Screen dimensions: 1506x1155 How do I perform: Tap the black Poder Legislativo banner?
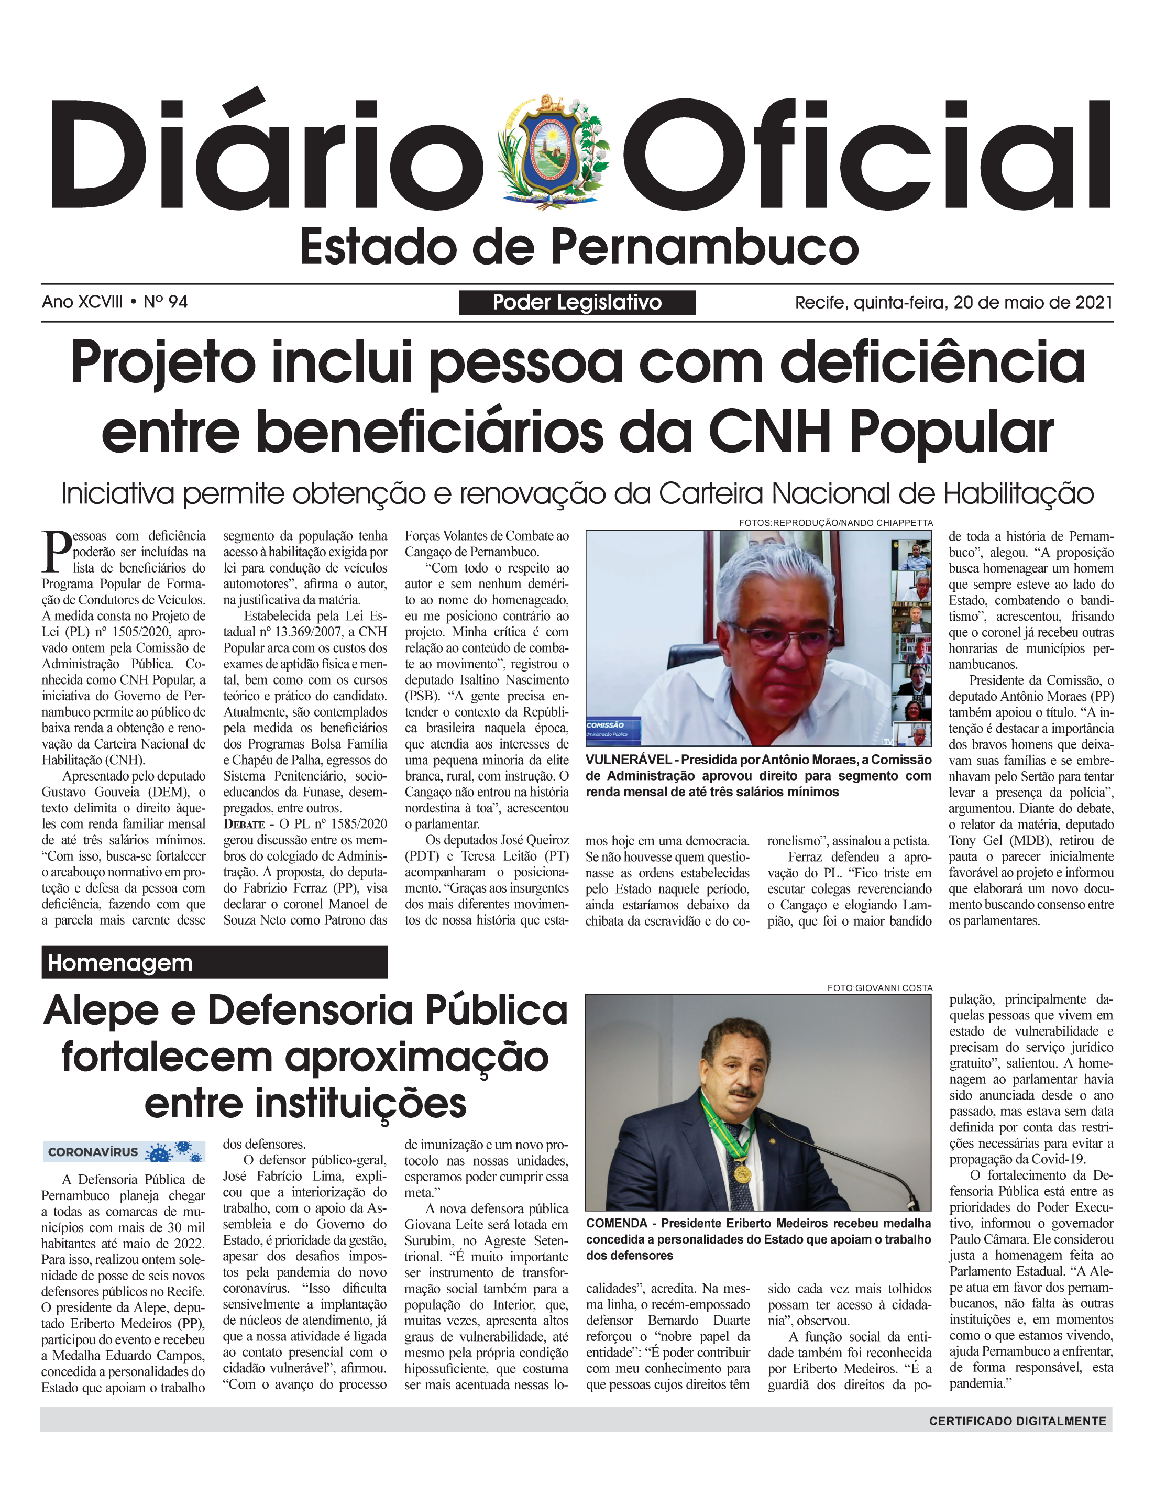pyautogui.click(x=577, y=302)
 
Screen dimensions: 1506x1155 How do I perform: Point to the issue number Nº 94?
pyautogui.click(x=165, y=302)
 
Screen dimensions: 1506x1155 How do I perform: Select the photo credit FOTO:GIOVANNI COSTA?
pyautogui.click(x=879, y=988)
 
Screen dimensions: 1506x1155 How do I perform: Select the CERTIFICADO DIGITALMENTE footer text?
pyautogui.click(x=1017, y=1421)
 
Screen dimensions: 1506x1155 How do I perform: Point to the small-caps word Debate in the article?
pyautogui.click(x=244, y=824)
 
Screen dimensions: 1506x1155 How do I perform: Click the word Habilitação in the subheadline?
pyautogui.click(x=1017, y=493)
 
